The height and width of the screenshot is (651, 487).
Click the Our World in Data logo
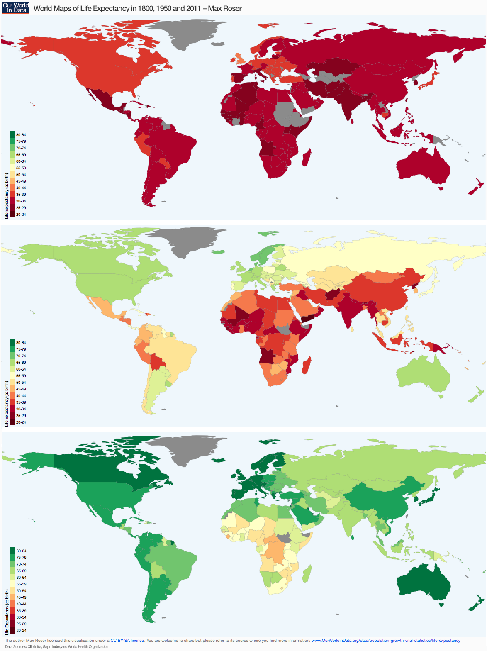coord(16,8)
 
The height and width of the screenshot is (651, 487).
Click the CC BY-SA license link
coord(127,641)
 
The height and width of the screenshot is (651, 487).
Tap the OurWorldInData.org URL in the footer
coord(386,641)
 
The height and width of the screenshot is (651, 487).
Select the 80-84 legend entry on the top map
coord(21,135)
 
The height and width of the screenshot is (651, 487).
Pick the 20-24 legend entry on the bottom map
coord(21,631)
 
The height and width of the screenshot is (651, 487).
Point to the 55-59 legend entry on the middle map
coord(21,376)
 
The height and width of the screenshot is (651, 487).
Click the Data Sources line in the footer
coord(57,647)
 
